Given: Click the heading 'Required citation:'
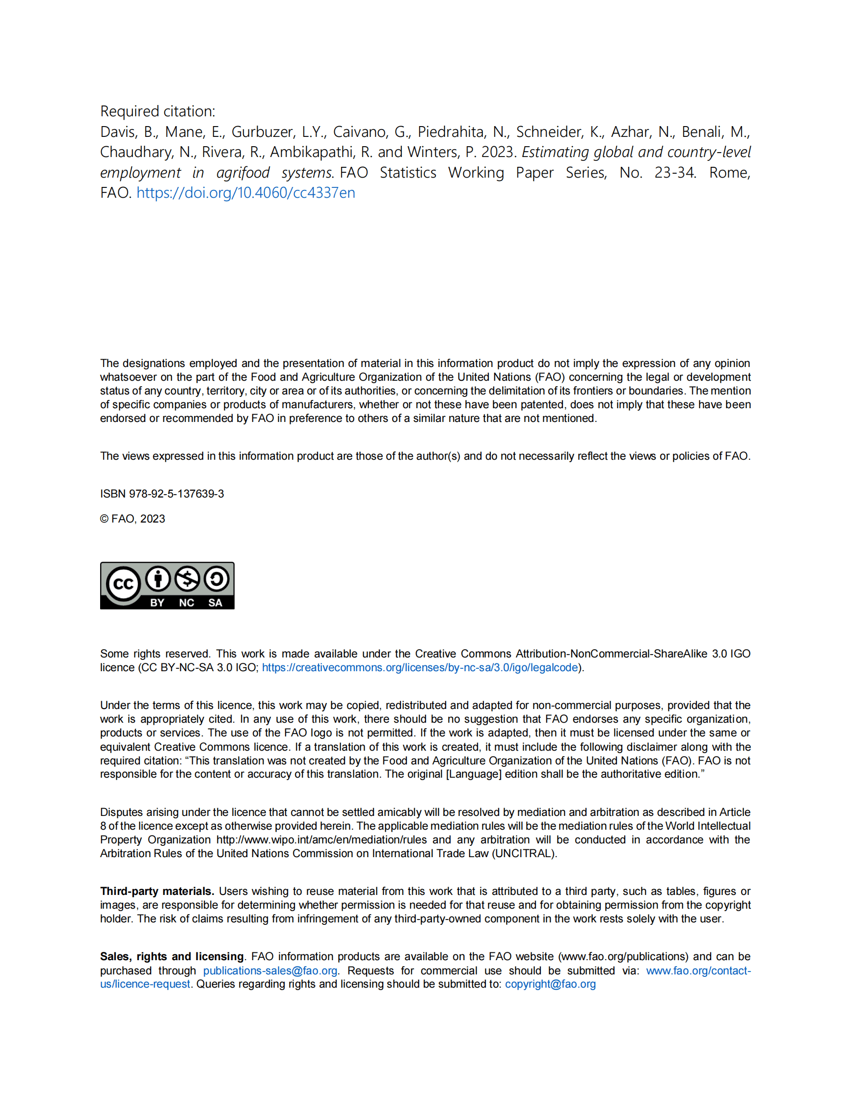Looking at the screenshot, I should coord(158,111).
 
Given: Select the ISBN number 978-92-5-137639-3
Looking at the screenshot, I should coord(177,494).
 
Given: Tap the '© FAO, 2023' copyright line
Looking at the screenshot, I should coord(133,519).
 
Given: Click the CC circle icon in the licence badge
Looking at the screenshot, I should coord(123,584).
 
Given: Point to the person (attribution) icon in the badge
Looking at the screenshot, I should coord(159,579).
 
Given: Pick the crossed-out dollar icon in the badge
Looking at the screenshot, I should coord(187,579).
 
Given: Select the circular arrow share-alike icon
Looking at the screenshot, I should coord(217,579).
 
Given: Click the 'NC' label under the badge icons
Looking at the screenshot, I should coord(186,603).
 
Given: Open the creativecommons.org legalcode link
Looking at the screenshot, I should coord(420,667).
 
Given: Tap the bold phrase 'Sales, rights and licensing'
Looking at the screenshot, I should coord(172,956).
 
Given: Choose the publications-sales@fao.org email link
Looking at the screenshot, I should coord(270,970).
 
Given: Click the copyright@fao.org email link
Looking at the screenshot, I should coord(550,984).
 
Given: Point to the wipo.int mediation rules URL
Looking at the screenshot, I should coord(321,839).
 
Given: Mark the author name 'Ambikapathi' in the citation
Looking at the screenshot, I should coord(312,152).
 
